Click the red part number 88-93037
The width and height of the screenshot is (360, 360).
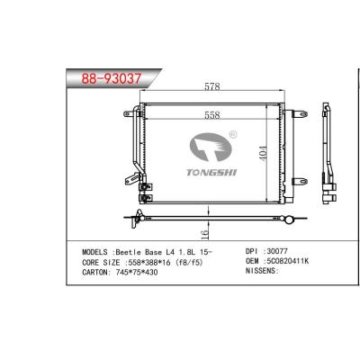pos(112,79)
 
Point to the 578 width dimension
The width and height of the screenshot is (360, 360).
pos(212,86)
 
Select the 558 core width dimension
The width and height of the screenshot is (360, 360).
pos(212,115)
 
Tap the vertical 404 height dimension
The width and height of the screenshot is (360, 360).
pos(263,153)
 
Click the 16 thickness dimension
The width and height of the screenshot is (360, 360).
pos(204,234)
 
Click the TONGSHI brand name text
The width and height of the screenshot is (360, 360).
pos(211,172)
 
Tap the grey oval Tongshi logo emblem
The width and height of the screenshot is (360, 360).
pos(210,147)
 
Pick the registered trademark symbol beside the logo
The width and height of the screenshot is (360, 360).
pos(233,134)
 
